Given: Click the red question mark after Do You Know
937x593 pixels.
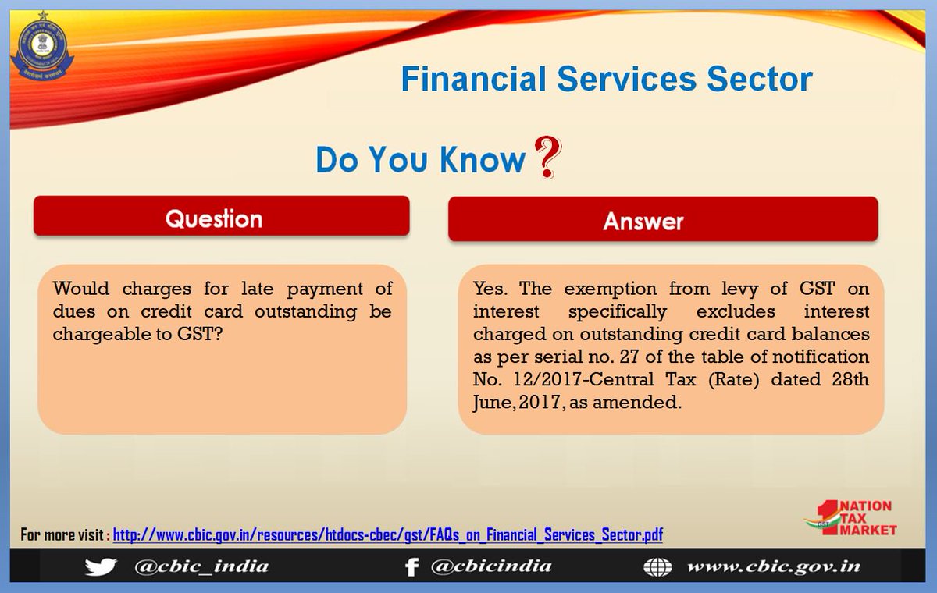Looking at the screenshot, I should (x=547, y=157).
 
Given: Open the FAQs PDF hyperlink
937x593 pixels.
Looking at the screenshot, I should (x=388, y=535).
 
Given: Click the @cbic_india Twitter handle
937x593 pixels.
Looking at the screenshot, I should (x=201, y=566).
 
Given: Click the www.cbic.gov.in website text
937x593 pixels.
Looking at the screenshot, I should (x=773, y=566).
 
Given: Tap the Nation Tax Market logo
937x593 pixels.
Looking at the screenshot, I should (x=851, y=520).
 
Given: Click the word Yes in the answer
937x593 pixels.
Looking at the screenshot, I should (x=490, y=289).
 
